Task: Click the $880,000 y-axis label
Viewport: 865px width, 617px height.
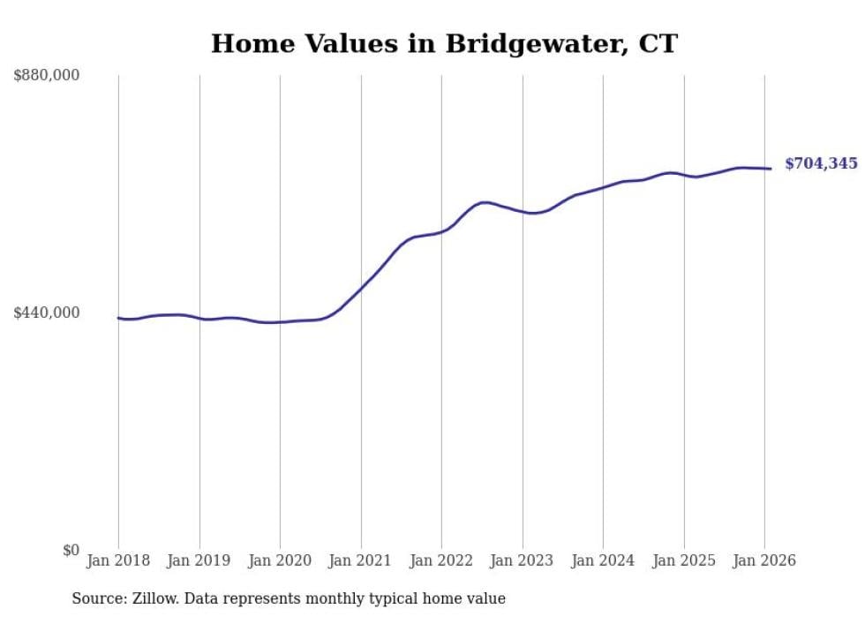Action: (47, 76)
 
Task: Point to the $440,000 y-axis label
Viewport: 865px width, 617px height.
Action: (47, 312)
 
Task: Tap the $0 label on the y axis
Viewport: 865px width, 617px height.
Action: (71, 551)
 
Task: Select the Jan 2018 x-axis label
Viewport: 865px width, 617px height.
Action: (118, 561)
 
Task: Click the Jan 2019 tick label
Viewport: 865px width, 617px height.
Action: (199, 561)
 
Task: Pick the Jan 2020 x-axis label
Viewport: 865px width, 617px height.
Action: (280, 561)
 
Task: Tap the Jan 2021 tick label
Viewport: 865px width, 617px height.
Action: (361, 561)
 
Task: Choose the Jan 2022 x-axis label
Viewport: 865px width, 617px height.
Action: (441, 561)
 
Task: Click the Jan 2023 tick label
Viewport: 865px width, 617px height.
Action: (523, 561)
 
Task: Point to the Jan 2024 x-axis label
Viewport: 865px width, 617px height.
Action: (603, 561)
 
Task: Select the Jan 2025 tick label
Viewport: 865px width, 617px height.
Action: (684, 561)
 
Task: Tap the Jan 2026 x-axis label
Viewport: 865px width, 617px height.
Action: (764, 561)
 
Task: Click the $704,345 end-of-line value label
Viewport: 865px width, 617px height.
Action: (821, 163)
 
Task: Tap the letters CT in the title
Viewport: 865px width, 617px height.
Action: (658, 44)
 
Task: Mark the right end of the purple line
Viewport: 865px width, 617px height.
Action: (771, 169)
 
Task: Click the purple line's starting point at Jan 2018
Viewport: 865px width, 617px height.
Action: (118, 318)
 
